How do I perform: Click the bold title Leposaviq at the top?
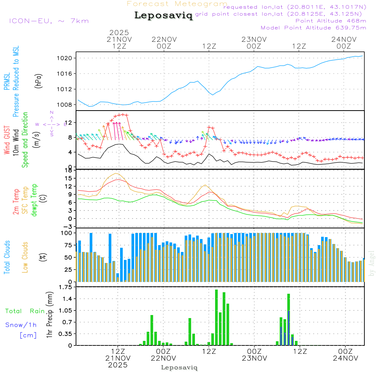coord(163,16)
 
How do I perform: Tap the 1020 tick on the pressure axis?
coord(67,58)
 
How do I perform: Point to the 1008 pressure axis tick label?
coord(67,104)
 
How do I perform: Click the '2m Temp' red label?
coord(16,201)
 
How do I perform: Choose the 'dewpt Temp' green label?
coord(34,200)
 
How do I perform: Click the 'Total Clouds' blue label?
coord(7,257)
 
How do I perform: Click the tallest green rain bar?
coord(216,317)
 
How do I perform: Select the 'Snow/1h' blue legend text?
coord(21,325)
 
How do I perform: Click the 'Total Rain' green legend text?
coord(25,311)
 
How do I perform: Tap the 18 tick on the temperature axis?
coord(68,170)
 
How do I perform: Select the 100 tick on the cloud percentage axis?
coord(66,233)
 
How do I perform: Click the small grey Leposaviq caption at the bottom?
coord(179,367)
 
